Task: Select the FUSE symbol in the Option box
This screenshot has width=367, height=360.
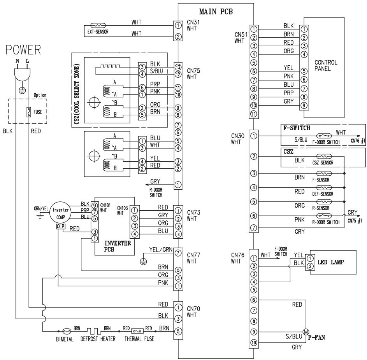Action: pos(28,112)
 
